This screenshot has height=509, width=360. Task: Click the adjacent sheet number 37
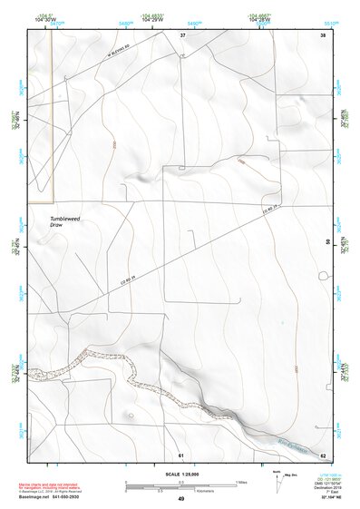point(182,34)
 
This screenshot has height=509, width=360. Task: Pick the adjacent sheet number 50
point(327,241)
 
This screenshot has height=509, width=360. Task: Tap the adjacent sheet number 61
point(181,454)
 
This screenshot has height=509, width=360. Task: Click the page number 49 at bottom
point(180,498)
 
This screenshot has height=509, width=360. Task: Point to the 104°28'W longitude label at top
point(256,20)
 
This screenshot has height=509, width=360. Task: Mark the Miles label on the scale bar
point(241,480)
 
